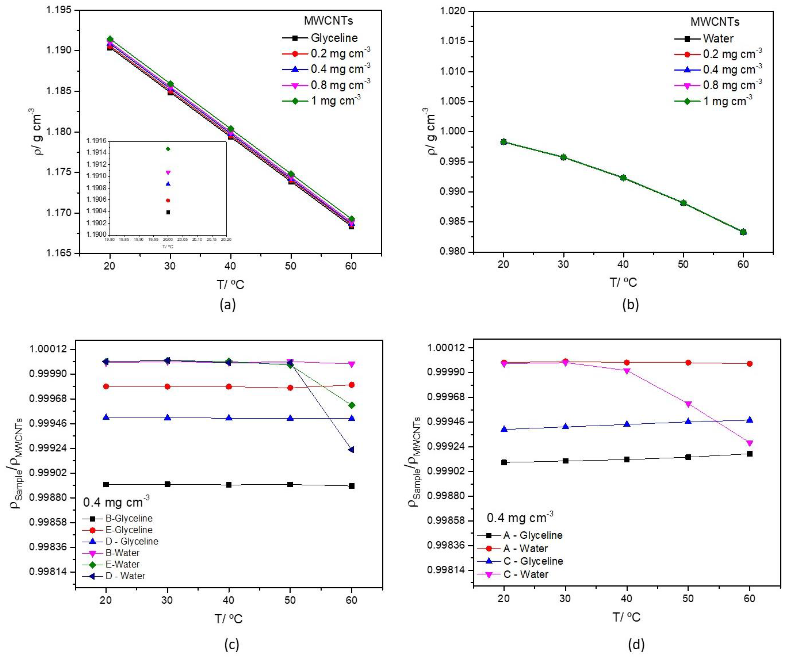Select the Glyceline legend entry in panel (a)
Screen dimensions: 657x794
pos(334,38)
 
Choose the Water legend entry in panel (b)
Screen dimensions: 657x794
pos(718,39)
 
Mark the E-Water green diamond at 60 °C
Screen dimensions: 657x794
pos(351,405)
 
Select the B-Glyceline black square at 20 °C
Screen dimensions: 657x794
pos(106,484)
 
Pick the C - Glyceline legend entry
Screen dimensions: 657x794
pos(533,561)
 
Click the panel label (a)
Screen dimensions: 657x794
pos(228,304)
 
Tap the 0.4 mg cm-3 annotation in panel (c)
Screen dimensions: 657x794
pos(116,502)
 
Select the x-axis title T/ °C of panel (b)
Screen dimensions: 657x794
pos(623,282)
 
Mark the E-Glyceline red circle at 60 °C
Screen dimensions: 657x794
pos(351,385)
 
